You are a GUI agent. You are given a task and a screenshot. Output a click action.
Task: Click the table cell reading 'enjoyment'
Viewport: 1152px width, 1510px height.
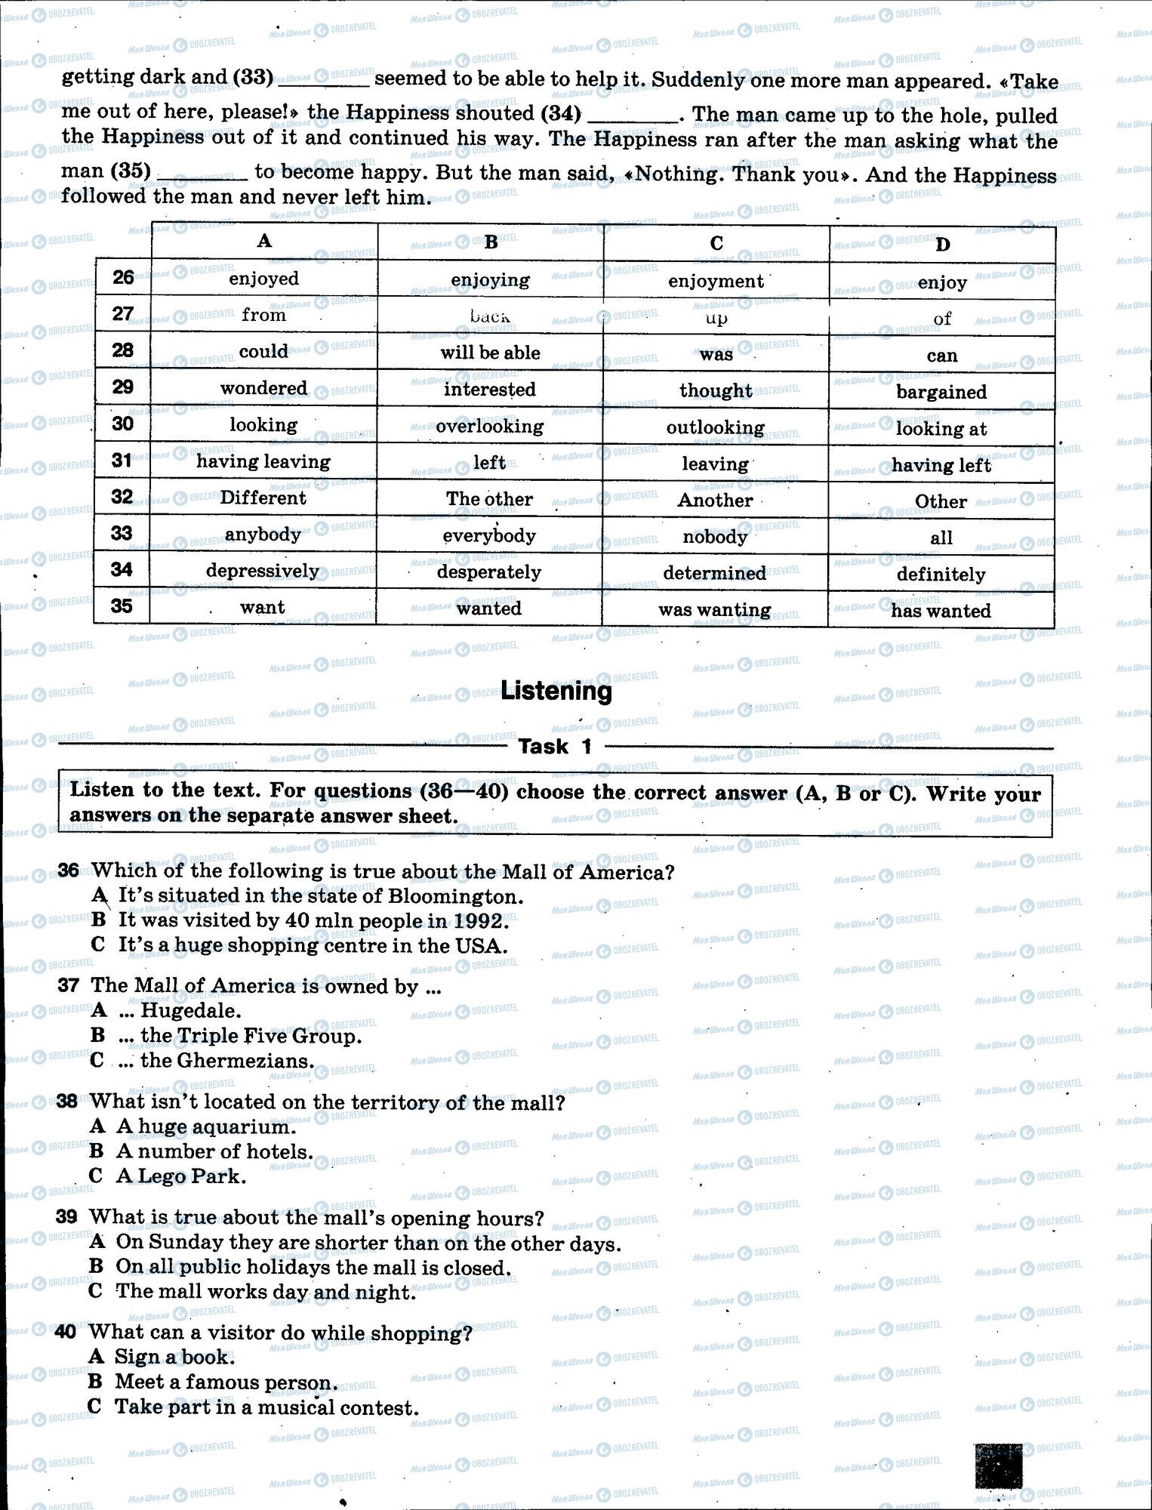[x=716, y=282]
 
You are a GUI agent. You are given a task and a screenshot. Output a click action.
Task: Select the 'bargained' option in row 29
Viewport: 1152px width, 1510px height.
[x=941, y=392]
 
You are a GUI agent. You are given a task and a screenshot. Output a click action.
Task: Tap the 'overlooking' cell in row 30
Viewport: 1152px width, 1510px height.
[x=489, y=427]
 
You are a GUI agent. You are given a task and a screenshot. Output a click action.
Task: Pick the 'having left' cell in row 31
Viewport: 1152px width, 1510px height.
[x=941, y=465]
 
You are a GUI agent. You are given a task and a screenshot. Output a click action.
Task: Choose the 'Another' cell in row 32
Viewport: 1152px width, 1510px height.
[x=715, y=500]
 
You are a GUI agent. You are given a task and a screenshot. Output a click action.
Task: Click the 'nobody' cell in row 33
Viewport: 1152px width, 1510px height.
[x=715, y=537]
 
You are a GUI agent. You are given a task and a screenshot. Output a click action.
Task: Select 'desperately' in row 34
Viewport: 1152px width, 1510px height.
[x=489, y=572]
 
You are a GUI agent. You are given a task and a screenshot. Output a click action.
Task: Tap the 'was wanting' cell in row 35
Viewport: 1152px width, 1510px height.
[x=714, y=610]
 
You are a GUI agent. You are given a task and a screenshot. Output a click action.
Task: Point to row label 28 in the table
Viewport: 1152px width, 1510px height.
[x=122, y=350]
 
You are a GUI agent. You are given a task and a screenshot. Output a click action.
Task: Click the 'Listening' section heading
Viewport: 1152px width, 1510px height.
[x=556, y=691]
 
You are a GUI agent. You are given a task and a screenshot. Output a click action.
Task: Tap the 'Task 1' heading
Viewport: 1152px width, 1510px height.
[x=555, y=747]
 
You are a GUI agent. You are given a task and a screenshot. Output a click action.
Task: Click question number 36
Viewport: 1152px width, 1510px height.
[x=68, y=871]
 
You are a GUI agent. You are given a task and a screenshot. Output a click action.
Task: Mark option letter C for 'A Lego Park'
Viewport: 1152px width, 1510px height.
[x=96, y=1176]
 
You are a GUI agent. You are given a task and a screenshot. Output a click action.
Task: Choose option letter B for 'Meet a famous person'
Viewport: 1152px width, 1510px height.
[x=94, y=1382]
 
